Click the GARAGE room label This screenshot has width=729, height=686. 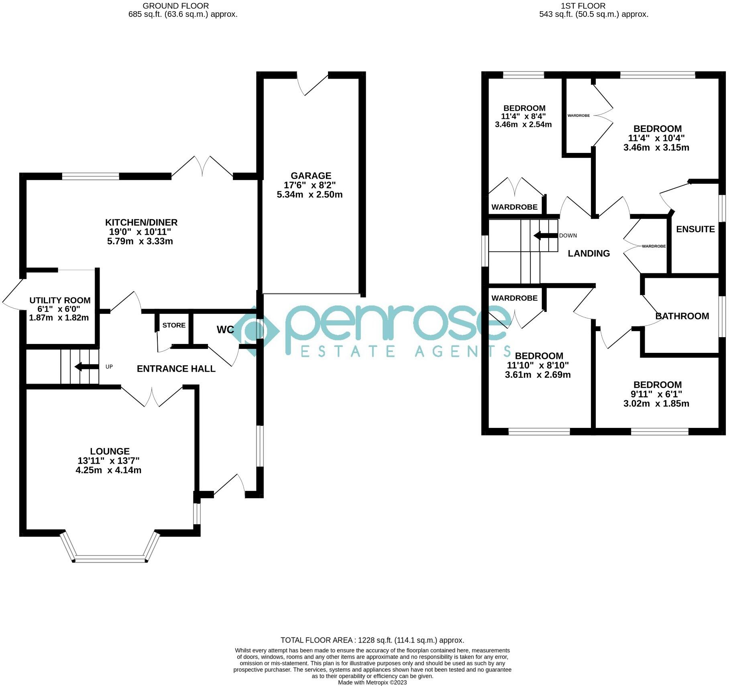click(311, 176)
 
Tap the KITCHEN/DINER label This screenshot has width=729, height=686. click(141, 222)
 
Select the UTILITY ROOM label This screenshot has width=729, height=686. click(60, 300)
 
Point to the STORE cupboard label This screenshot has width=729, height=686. click(174, 325)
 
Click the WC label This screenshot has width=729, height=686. click(225, 330)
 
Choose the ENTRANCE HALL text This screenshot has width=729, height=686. click(176, 368)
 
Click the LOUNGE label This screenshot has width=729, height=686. click(110, 451)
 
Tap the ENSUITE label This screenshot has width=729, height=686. click(695, 229)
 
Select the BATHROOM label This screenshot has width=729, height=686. click(682, 316)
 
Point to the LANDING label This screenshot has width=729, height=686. click(588, 253)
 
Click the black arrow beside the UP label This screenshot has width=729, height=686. click(87, 366)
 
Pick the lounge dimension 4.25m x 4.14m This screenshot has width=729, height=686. click(108, 470)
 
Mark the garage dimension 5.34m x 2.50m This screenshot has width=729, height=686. click(310, 195)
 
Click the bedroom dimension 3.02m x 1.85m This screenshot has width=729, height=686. click(656, 403)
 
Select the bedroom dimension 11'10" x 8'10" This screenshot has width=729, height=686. click(538, 365)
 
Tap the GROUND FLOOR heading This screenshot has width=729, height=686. click(176, 6)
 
